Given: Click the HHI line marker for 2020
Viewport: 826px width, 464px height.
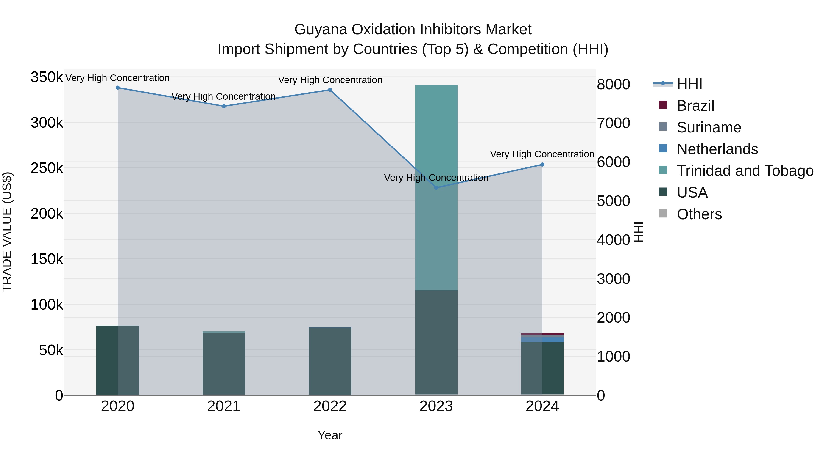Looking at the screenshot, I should coord(118,88).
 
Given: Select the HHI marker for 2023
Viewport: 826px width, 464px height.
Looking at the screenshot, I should coord(436,188).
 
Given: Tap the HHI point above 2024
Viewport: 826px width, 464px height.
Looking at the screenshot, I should coord(542,165).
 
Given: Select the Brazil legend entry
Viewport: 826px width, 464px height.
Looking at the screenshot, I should coord(695,106).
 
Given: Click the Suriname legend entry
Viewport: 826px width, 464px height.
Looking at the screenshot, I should coord(709,127).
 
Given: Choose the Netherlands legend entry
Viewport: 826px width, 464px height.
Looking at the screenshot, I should coord(717,149).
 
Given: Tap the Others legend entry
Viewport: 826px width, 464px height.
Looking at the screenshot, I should coord(699,214).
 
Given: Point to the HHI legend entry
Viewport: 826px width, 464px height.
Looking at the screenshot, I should coord(689,84).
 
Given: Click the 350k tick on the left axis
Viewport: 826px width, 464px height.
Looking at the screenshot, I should coord(47,77).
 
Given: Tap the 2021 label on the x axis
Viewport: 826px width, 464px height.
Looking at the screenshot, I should coord(224,406).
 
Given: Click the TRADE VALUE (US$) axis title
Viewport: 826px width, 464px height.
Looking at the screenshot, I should coord(7,232).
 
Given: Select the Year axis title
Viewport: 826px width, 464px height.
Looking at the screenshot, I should coord(330,435).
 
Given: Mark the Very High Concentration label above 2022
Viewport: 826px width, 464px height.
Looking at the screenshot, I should coord(330,80).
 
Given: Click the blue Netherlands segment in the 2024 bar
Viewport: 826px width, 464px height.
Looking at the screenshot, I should coord(542,339).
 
